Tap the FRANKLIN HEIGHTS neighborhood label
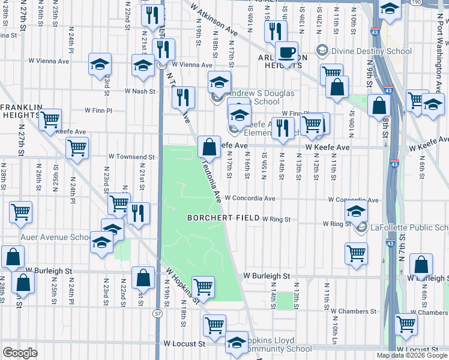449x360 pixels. pos(21,112)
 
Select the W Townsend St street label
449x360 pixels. pos(131,157)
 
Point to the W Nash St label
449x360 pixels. pos(140,91)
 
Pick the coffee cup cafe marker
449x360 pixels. pos(287,52)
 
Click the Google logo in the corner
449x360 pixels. pos(20,353)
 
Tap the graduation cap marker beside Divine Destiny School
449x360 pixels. pos(390,10)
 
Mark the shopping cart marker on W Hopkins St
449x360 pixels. pos(203,287)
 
